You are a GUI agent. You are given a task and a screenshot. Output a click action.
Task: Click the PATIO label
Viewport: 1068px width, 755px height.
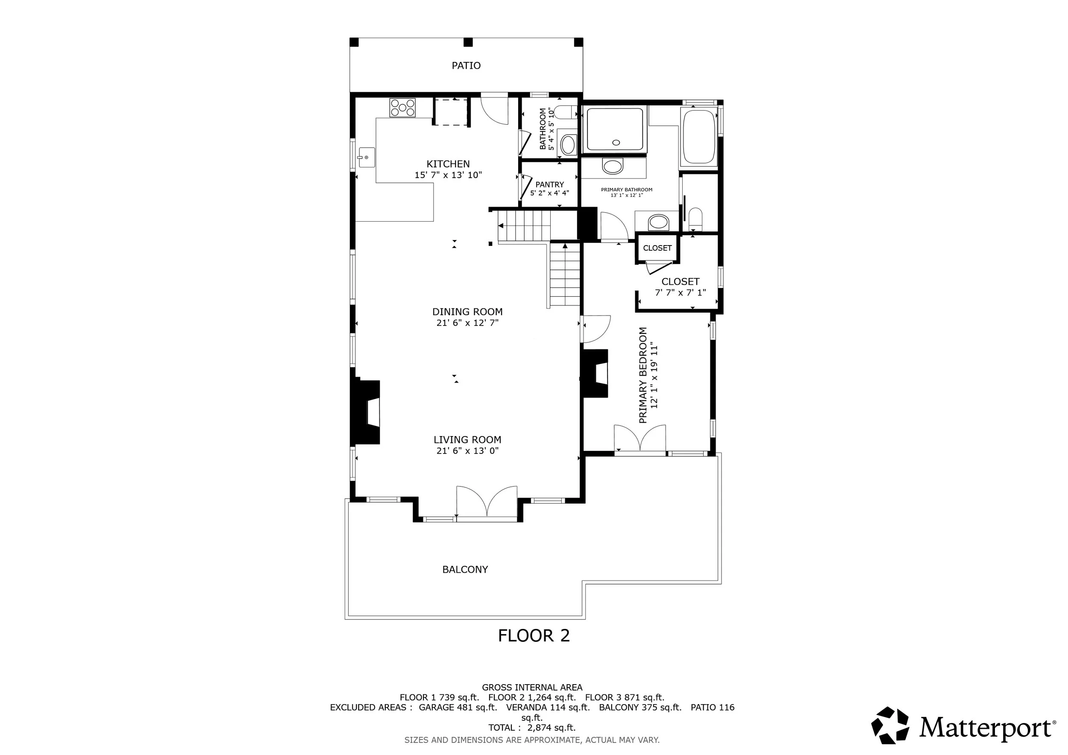tap(466, 66)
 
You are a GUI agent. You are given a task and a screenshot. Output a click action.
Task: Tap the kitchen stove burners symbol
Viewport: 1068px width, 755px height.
tap(402, 108)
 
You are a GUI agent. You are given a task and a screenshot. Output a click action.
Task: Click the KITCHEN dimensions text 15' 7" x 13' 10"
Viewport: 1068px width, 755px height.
tap(449, 175)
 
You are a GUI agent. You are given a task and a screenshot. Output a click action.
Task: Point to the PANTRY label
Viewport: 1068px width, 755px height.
tap(549, 184)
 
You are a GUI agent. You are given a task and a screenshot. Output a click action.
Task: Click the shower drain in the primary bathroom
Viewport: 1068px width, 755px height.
tap(616, 142)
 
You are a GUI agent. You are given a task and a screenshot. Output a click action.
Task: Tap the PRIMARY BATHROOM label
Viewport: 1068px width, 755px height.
tap(627, 190)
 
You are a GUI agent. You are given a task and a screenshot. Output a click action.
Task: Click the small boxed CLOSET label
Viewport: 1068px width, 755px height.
tap(657, 248)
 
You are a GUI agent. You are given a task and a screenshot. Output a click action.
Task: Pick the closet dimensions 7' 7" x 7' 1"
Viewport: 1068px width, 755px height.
tap(681, 293)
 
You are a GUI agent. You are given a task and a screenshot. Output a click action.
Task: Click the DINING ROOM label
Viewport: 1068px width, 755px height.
tap(467, 312)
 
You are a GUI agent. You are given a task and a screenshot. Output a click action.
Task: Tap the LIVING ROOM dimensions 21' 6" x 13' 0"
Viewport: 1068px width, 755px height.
tap(467, 451)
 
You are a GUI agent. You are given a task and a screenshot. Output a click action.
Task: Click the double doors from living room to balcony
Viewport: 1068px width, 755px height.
tap(487, 502)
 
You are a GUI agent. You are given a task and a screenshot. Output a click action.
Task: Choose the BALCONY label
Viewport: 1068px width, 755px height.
tap(465, 570)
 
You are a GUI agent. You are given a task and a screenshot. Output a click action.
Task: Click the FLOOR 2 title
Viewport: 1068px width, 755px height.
tap(534, 635)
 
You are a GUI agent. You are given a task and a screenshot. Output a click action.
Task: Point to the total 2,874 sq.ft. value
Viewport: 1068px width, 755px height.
tap(551, 728)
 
